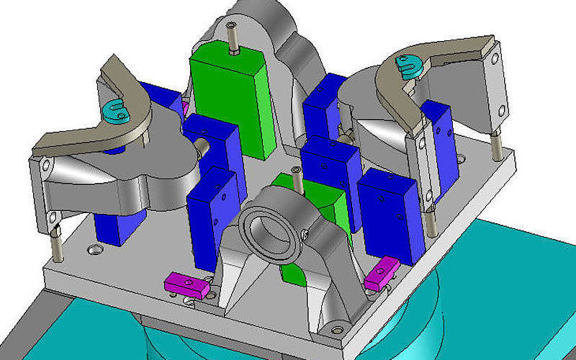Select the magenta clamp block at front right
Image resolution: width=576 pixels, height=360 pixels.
(x=382, y=274)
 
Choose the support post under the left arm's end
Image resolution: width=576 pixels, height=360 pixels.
(x=56, y=241)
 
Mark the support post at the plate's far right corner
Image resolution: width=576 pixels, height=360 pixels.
(x=496, y=144)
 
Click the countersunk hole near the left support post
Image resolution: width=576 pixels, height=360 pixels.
(x=92, y=250)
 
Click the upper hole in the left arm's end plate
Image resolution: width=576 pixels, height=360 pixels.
(x=45, y=166)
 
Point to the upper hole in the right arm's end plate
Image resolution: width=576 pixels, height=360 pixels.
(x=494, y=60)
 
